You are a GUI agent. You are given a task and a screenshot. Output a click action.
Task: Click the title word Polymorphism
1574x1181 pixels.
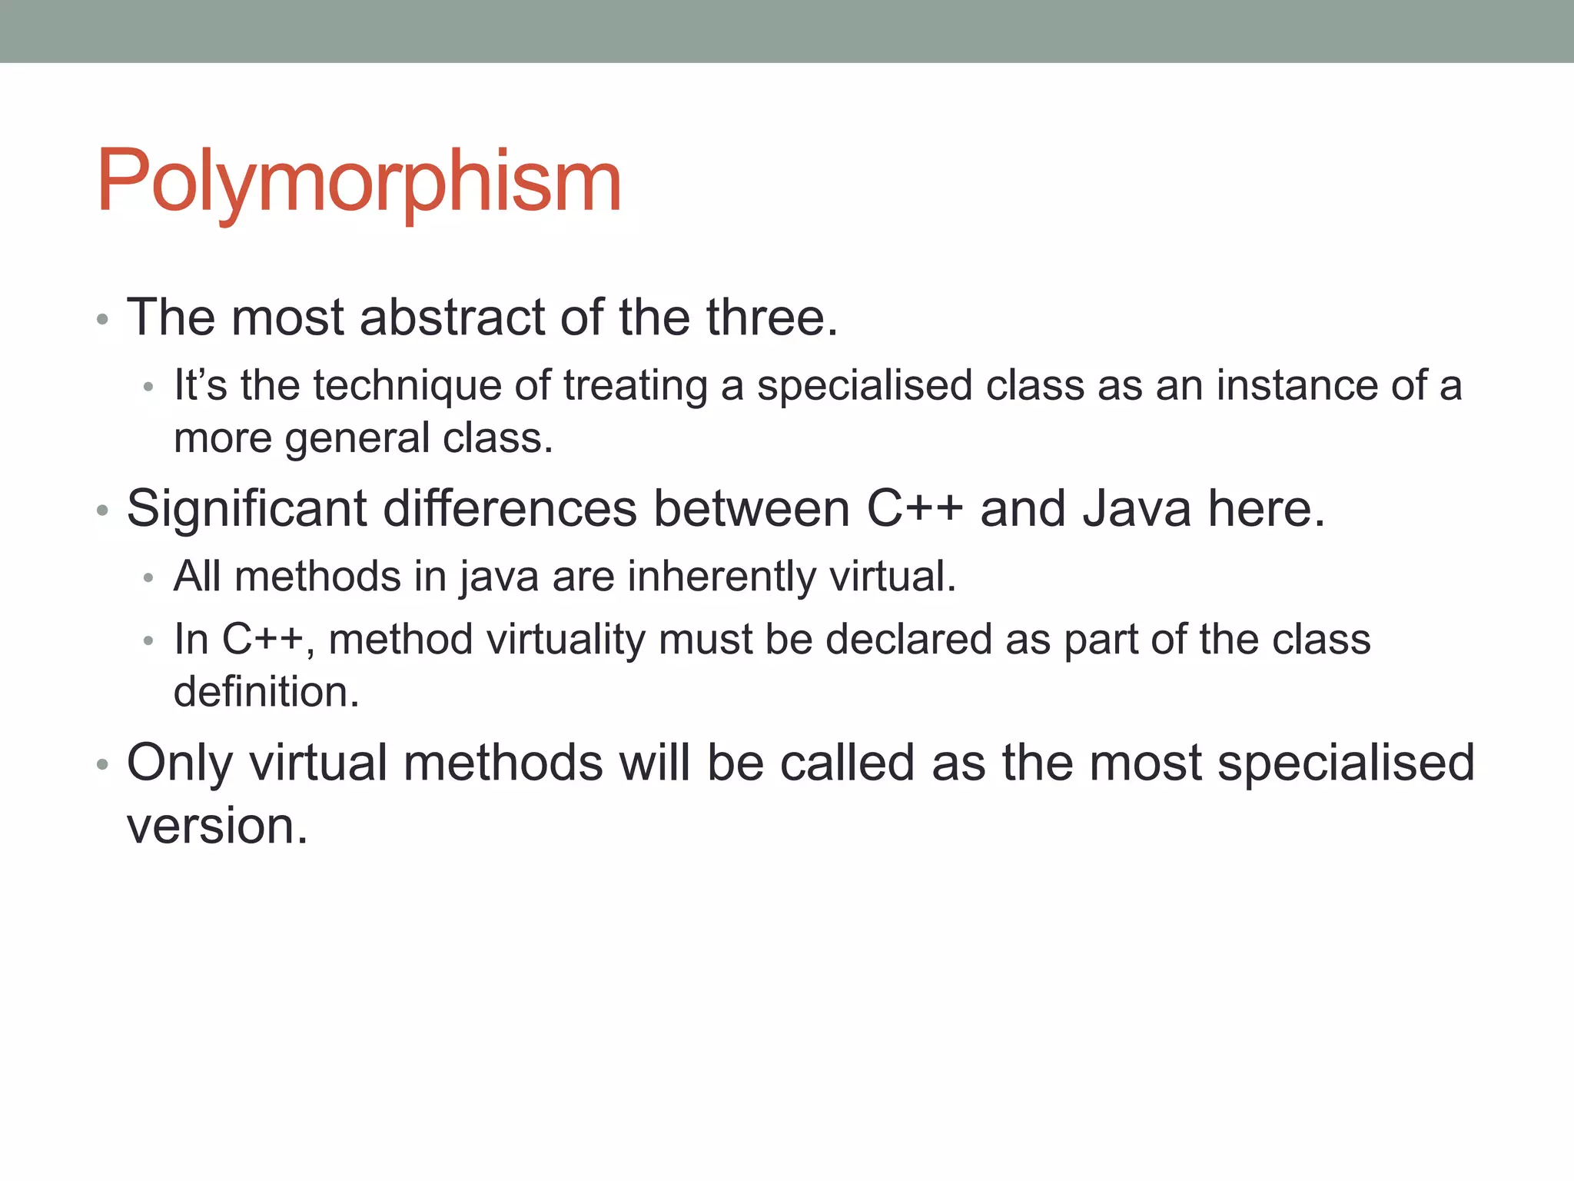point(358,181)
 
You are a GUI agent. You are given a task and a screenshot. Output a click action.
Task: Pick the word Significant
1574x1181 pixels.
point(247,509)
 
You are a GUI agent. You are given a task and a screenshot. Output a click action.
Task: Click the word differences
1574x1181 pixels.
point(510,509)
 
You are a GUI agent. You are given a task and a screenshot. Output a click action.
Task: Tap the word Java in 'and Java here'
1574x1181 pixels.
point(1137,509)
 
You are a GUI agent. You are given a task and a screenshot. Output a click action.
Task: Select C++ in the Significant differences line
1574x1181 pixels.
point(915,509)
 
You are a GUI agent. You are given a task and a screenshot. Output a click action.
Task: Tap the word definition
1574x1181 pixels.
point(266,692)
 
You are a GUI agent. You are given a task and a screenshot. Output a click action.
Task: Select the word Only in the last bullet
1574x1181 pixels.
point(179,763)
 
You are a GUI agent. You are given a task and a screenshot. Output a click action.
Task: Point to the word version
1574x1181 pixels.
point(217,826)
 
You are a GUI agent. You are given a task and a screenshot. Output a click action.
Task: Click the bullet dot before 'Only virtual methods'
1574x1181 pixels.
point(103,766)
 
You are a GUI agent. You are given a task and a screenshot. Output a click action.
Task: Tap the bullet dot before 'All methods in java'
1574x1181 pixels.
point(149,578)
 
